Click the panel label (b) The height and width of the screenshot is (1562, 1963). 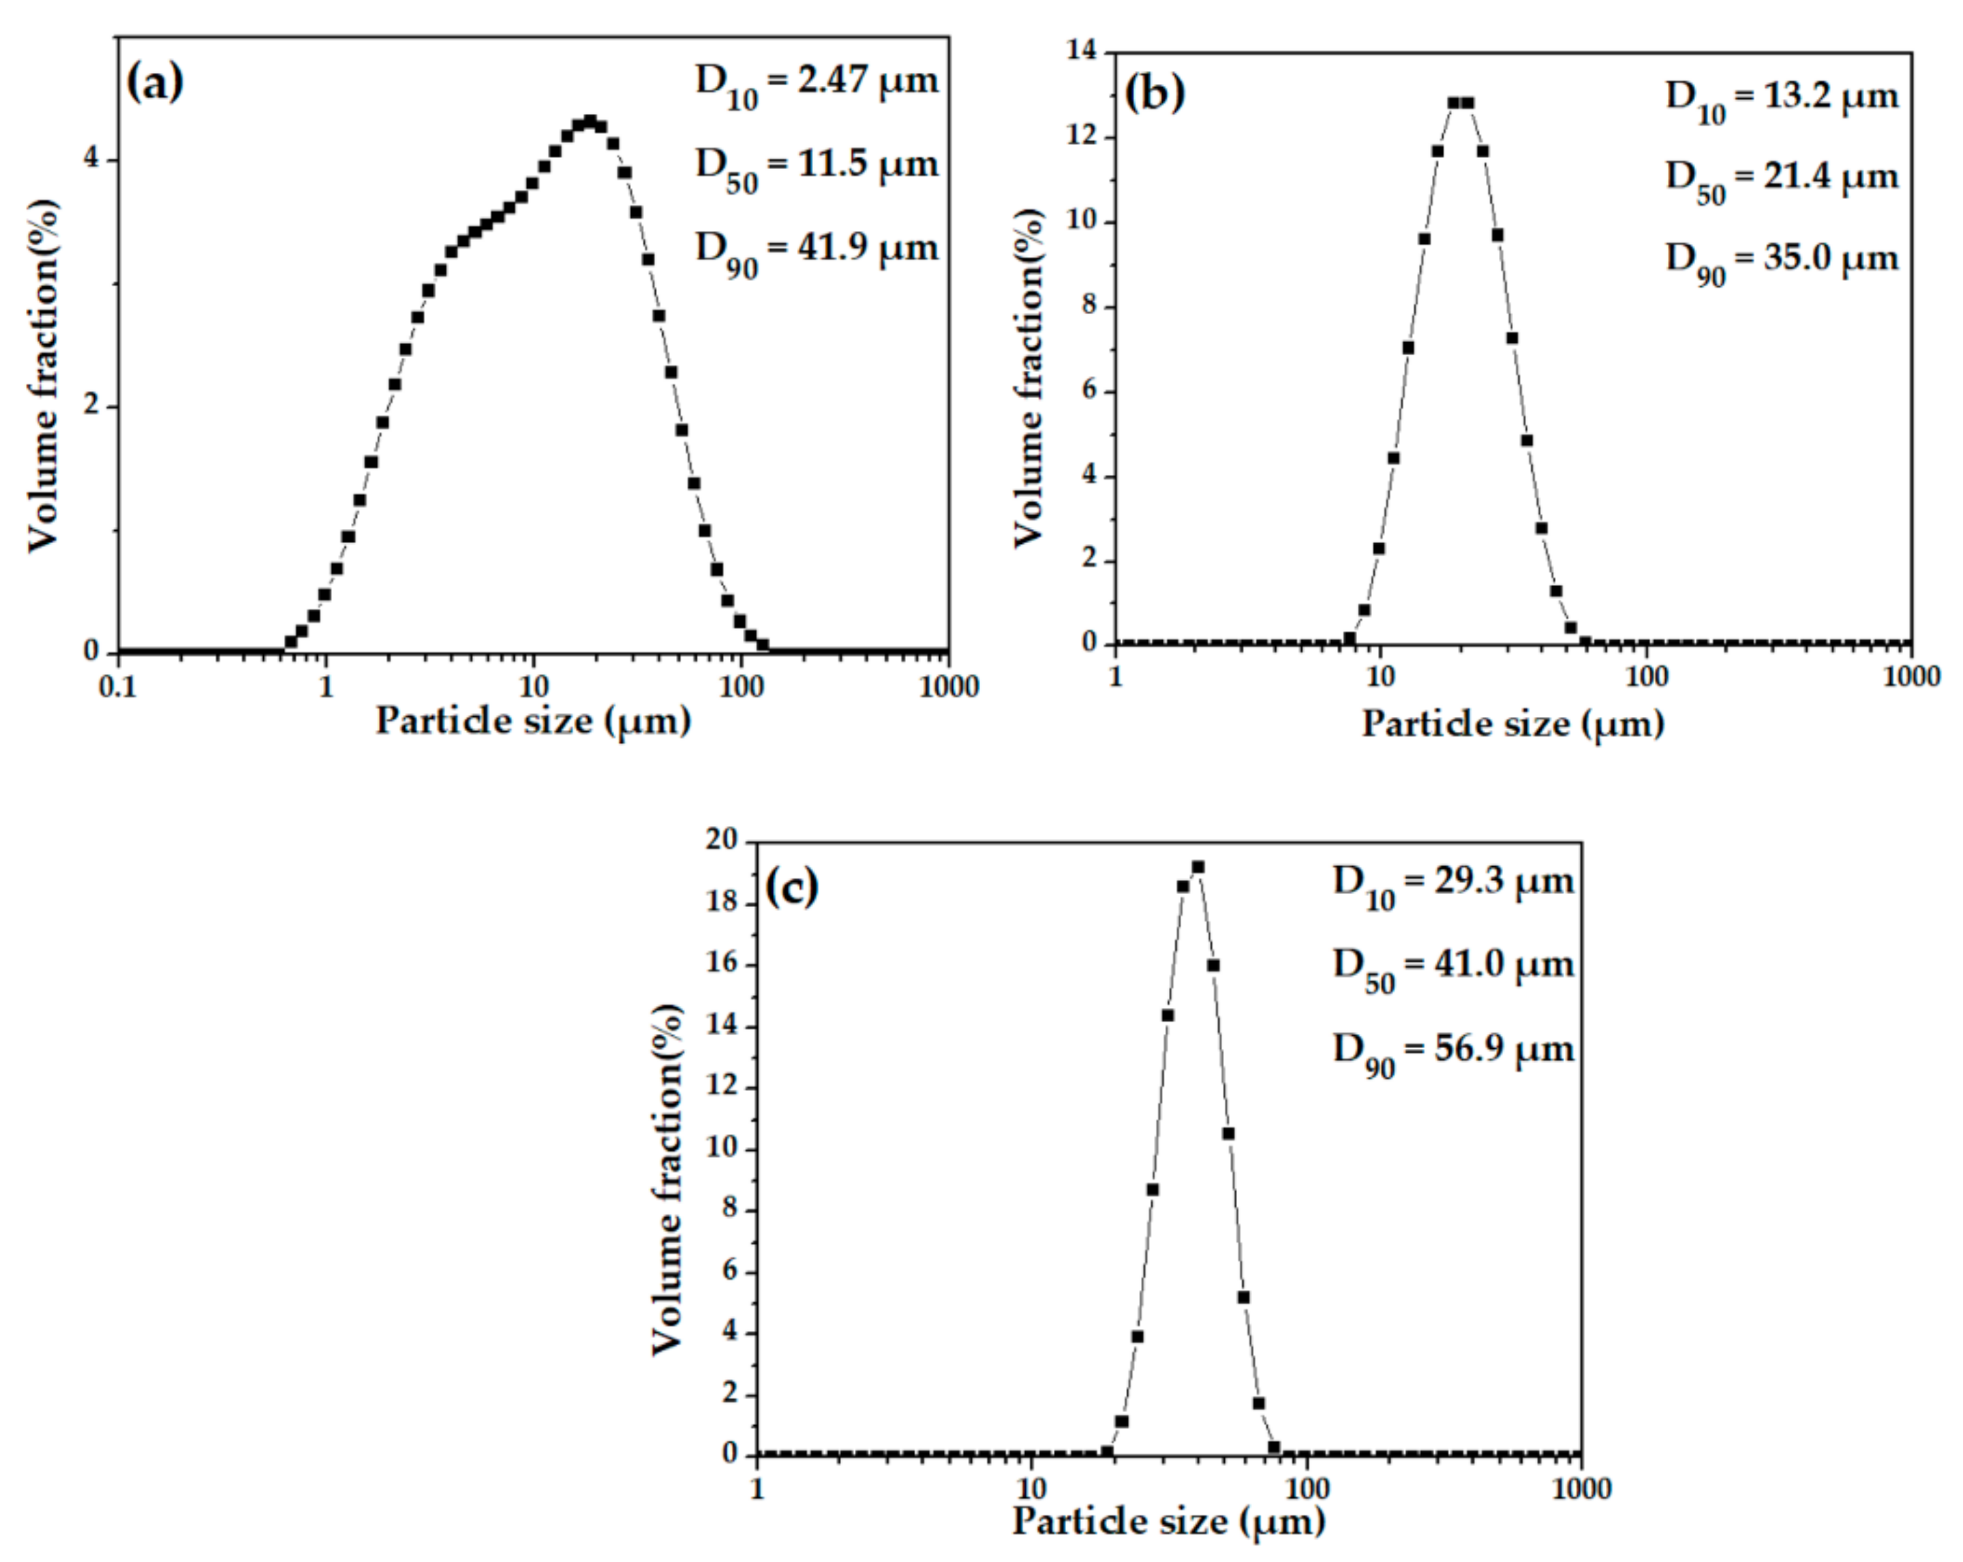click(x=1155, y=94)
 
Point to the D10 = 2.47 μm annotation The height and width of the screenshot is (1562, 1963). click(x=817, y=84)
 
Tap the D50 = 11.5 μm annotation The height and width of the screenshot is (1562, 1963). click(x=817, y=168)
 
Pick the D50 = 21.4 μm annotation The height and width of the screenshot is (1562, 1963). click(x=1782, y=179)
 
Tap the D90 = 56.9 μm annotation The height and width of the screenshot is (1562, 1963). click(x=1453, y=1052)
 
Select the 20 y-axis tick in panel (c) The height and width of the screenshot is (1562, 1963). click(x=724, y=841)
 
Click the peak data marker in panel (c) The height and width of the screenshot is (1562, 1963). click(x=1198, y=868)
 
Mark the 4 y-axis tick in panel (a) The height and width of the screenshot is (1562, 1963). click(x=91, y=160)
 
